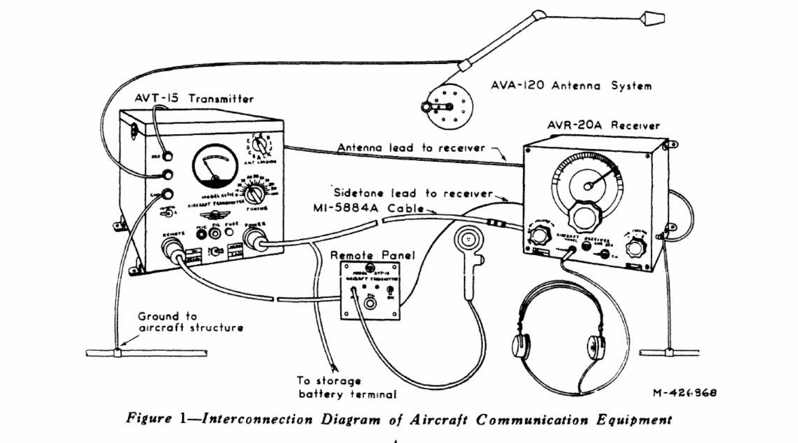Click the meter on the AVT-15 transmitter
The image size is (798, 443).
pos(215,166)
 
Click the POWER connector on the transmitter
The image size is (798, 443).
pos(254,241)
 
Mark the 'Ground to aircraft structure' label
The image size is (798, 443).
pos(191,322)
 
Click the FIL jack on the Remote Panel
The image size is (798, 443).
pos(370,304)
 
